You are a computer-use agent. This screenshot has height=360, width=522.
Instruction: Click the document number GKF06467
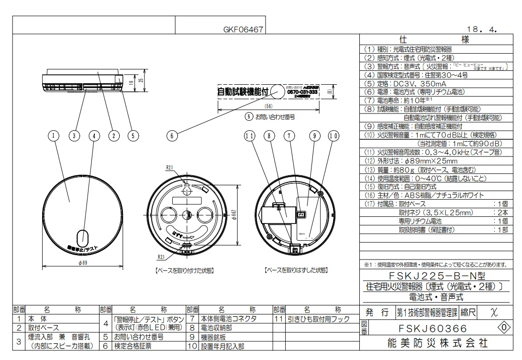click(243, 30)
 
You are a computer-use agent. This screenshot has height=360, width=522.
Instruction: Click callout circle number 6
click(172, 136)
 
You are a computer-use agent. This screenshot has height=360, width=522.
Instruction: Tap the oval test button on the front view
click(83, 237)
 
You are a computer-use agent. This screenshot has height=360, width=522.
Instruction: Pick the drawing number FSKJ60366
click(433, 329)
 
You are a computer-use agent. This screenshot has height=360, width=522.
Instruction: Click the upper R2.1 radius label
click(169, 168)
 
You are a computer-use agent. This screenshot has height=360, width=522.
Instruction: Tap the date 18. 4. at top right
click(484, 30)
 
